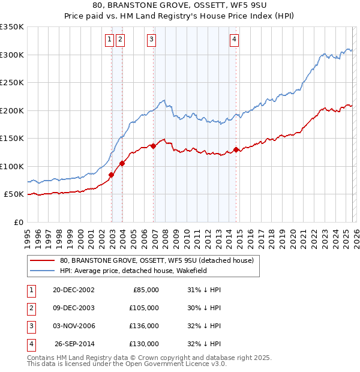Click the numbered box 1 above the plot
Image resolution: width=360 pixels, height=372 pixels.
click(x=110, y=40)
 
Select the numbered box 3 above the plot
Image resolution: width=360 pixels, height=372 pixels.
click(x=151, y=40)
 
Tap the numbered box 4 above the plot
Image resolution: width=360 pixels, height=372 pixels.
click(x=234, y=40)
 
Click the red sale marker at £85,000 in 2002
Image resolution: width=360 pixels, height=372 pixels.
click(x=112, y=175)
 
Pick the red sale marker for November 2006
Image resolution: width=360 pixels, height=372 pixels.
click(x=153, y=146)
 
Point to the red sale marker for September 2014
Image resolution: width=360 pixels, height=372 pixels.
click(x=236, y=149)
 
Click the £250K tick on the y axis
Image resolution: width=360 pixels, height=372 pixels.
click(x=12, y=83)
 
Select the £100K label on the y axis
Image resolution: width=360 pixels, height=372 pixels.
click(x=12, y=166)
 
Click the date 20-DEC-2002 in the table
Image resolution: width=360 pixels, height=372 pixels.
click(x=73, y=290)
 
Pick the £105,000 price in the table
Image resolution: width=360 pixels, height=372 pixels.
click(x=143, y=308)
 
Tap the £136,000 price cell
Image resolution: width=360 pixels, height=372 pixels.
click(x=143, y=326)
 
